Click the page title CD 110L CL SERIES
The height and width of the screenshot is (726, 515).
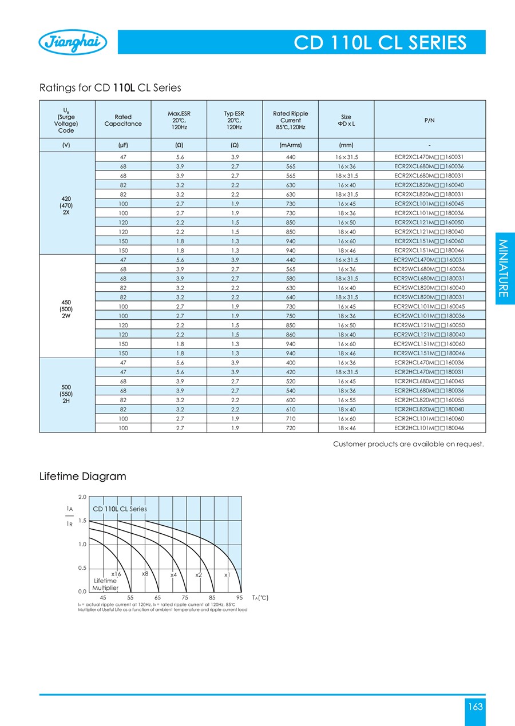[380, 43]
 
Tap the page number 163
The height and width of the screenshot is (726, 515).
[475, 707]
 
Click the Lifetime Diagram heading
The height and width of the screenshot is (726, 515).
[82, 477]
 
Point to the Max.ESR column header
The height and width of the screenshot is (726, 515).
[179, 118]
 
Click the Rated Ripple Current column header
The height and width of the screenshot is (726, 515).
[291, 118]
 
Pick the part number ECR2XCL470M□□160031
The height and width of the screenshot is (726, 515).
[429, 156]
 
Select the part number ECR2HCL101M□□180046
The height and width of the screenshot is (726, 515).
[429, 427]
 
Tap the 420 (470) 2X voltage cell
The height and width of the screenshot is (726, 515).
[66, 204]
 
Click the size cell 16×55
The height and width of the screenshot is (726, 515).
[346, 400]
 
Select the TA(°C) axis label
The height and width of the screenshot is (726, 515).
[260, 598]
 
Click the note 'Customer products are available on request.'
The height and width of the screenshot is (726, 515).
[409, 444]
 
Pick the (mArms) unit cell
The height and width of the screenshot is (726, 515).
[291, 145]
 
